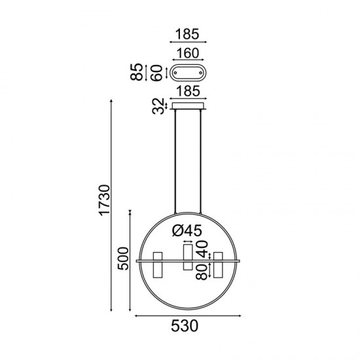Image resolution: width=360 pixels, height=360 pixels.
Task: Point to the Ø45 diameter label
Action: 188,230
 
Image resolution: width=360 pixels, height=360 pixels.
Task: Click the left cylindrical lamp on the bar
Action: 158,264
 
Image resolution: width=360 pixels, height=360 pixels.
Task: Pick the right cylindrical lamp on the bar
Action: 218,264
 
